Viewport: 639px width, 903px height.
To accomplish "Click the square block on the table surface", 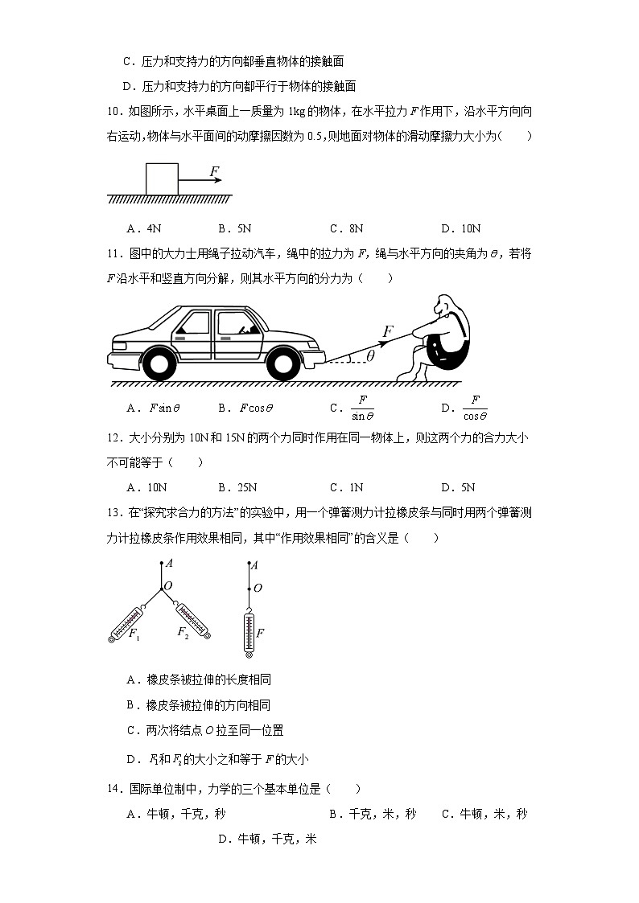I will click(x=162, y=179).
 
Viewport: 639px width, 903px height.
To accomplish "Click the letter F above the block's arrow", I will click(x=213, y=171).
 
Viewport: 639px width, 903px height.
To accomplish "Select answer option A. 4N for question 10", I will click(x=145, y=228).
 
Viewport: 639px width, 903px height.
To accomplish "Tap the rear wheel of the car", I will click(x=157, y=363).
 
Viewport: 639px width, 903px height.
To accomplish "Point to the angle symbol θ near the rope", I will click(x=370, y=355).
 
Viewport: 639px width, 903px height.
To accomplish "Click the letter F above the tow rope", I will click(x=388, y=330).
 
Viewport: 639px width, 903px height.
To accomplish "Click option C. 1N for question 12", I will click(x=347, y=487).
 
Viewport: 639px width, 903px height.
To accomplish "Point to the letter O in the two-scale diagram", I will click(x=168, y=586).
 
